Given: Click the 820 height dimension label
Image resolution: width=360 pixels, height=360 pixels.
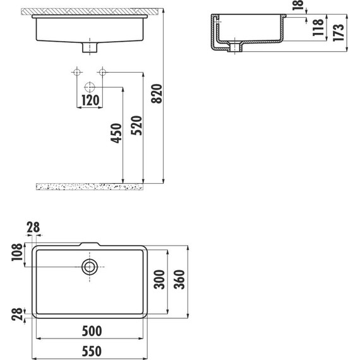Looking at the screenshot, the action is pos(157,93).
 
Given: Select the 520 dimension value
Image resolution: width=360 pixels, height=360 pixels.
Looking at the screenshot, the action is pos(136,125).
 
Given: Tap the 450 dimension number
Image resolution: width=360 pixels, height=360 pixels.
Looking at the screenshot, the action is pos(116,133).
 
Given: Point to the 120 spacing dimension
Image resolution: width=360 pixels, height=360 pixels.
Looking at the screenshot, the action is pos(90,100).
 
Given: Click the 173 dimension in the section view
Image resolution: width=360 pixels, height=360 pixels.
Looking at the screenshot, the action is pos(339,33).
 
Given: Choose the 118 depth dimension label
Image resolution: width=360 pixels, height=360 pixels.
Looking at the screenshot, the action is pos(318,28).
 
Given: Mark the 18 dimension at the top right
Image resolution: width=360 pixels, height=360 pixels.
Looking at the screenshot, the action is pos(298,5).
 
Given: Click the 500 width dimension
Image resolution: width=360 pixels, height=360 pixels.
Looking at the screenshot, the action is pos(92,331).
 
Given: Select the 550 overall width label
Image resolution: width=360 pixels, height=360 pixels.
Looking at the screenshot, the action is pos(92,351).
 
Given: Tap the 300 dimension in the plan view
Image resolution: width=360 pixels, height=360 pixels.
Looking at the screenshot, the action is pos(159,279).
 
